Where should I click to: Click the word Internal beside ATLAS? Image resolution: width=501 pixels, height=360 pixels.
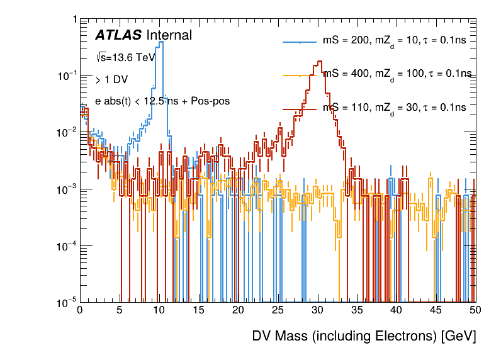point(169,36)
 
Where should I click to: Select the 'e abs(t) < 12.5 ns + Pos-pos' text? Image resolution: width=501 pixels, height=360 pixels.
point(162,101)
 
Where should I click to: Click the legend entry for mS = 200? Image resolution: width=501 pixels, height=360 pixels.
point(395,41)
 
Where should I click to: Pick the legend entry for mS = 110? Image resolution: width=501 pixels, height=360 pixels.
point(395,108)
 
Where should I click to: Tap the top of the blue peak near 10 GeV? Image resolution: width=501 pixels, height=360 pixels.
point(161,42)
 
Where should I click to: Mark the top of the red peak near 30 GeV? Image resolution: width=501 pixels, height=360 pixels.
point(320,62)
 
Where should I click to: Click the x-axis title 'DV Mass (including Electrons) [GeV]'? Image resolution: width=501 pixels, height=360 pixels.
point(364,336)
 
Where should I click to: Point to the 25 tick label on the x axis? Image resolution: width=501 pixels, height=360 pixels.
point(278,310)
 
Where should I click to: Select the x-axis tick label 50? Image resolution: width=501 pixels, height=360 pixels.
point(476,310)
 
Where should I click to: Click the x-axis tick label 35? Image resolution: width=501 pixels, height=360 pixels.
point(357,310)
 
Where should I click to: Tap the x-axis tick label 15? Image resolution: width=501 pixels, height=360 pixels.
point(198,310)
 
